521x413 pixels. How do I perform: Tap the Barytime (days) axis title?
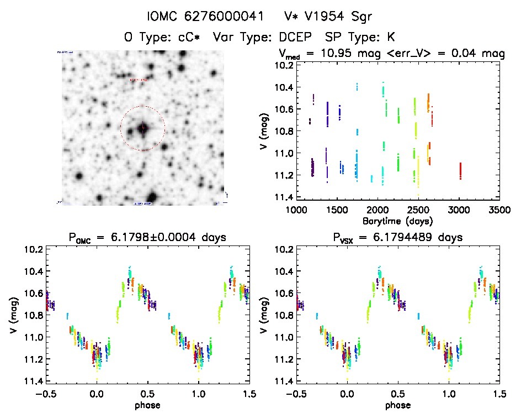click(397, 221)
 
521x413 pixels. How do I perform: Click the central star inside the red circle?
click(143, 128)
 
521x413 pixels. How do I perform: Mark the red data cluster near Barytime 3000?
click(460, 171)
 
